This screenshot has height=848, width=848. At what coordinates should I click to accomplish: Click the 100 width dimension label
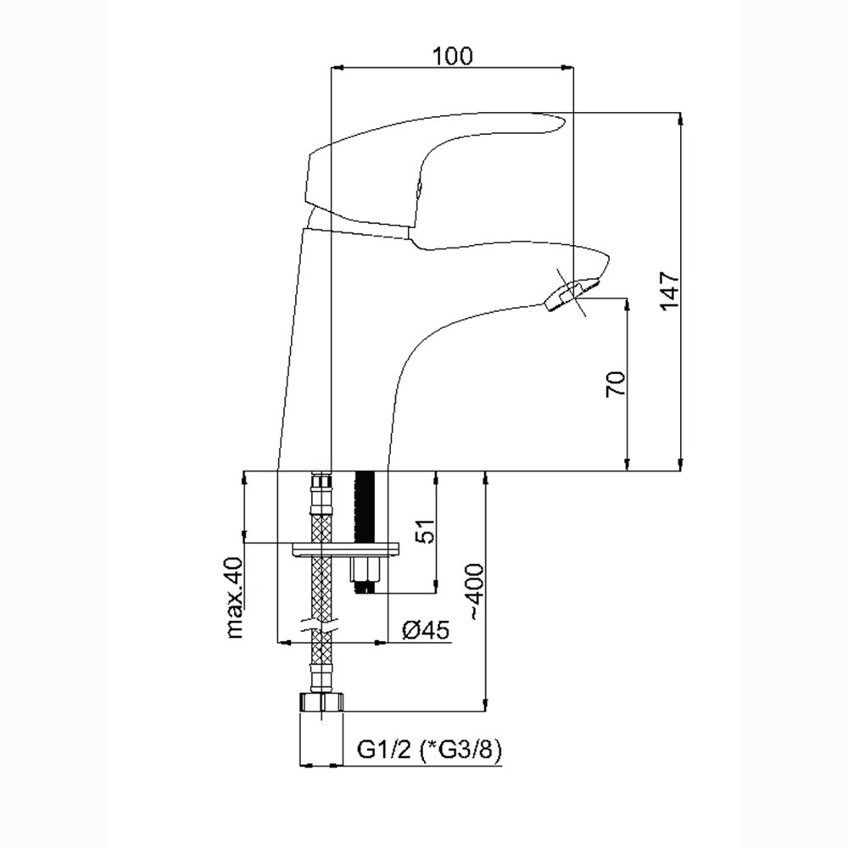pyautogui.click(x=452, y=56)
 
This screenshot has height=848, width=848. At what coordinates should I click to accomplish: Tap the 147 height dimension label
pyautogui.click(x=670, y=290)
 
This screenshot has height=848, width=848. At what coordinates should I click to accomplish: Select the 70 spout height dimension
pyautogui.click(x=616, y=383)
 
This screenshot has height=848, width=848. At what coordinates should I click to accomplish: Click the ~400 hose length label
pyautogui.click(x=474, y=590)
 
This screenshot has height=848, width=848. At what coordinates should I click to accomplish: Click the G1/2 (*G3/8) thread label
pyautogui.click(x=429, y=750)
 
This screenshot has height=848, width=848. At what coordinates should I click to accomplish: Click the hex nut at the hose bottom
pyautogui.click(x=321, y=702)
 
